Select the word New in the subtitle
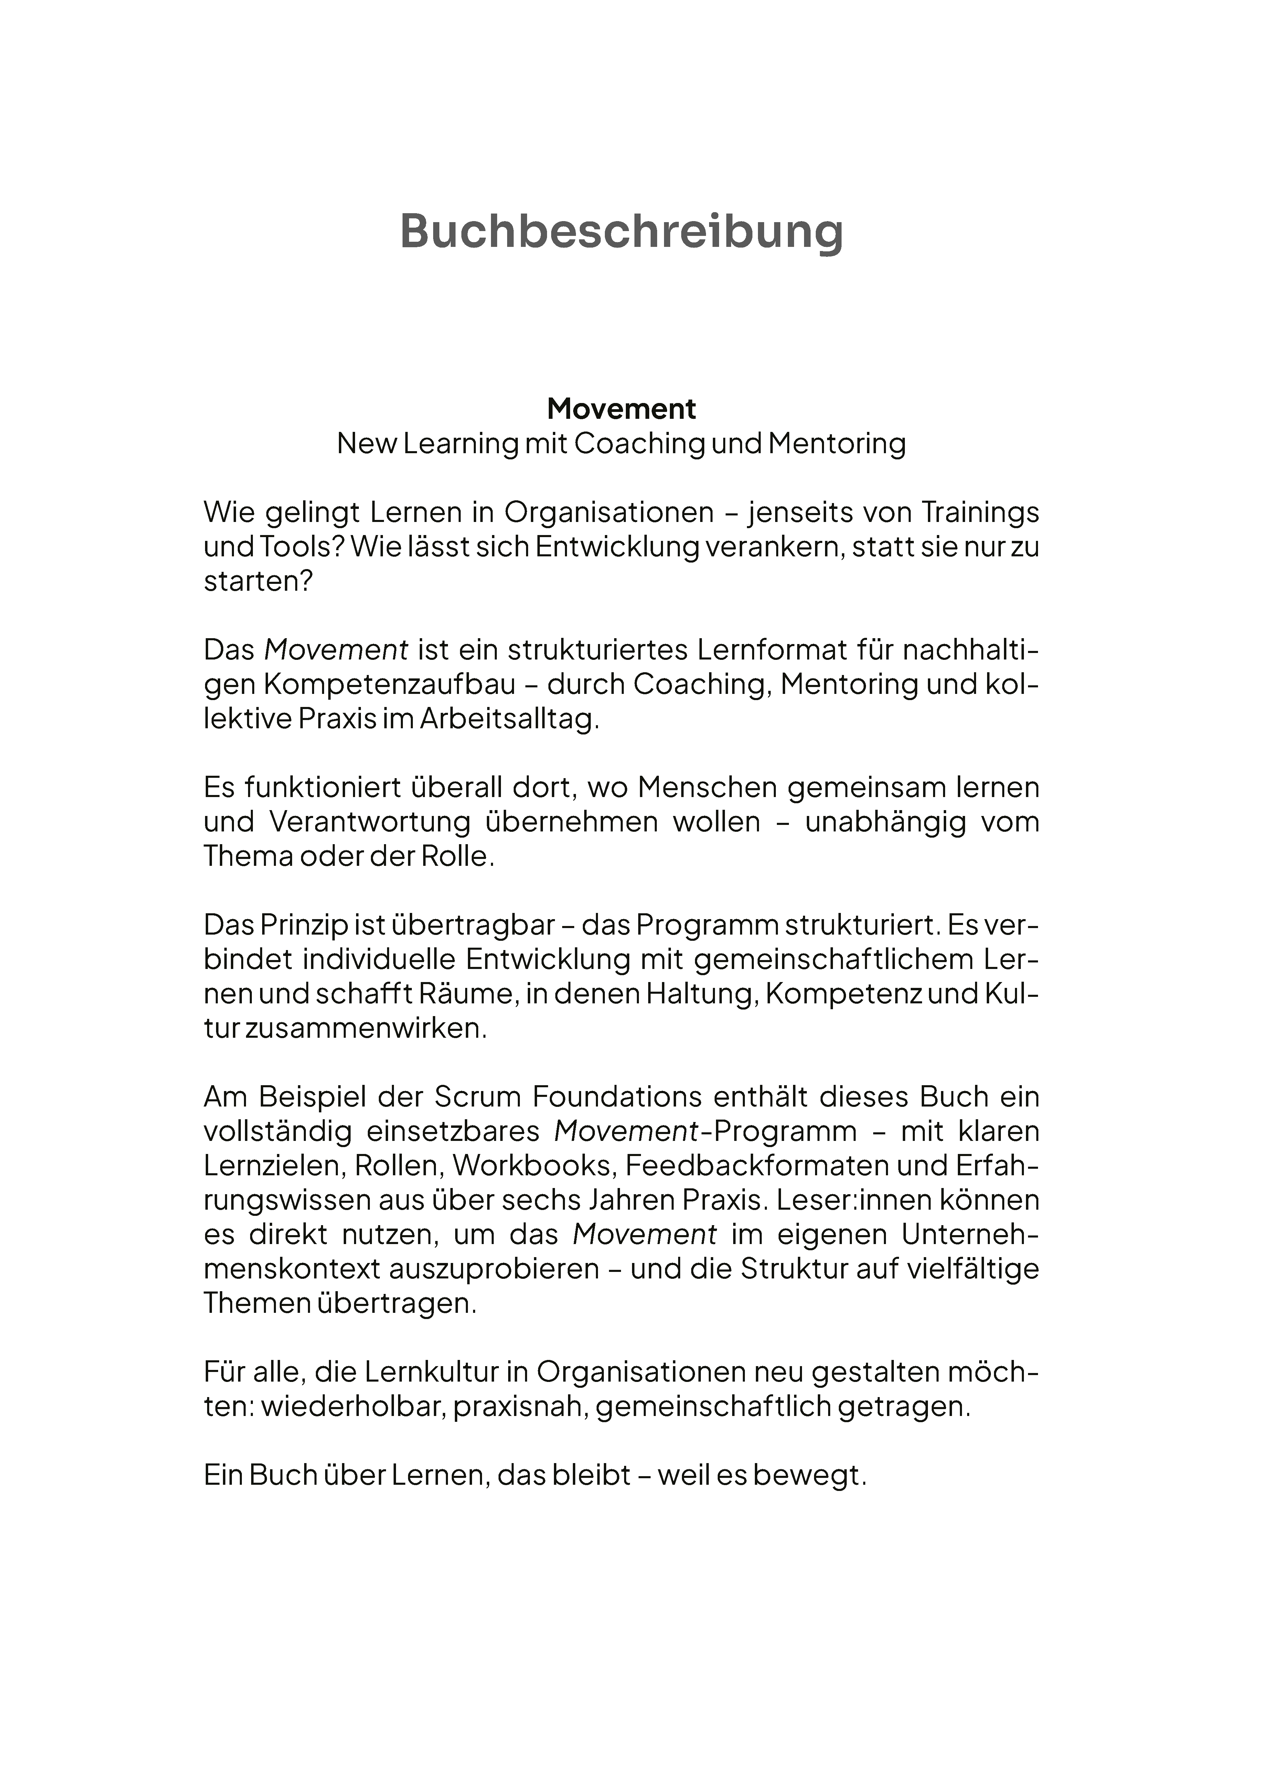coord(366,444)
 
